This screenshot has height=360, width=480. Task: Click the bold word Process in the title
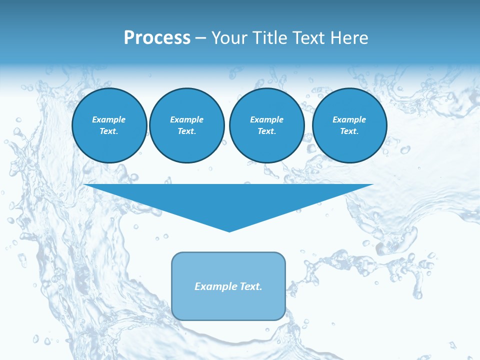pos(157,38)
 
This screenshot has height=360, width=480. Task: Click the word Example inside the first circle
pos(109,119)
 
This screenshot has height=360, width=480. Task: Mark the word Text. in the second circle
pos(187,131)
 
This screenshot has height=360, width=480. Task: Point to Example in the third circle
pos(266,119)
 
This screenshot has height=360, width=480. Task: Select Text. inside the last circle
pos(349,131)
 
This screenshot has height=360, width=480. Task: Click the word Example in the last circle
pos(349,119)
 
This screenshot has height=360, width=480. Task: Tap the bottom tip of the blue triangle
pos(229,230)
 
